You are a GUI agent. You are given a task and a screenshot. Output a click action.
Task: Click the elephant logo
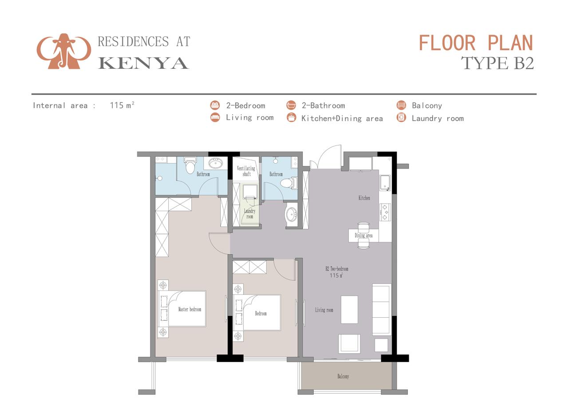64,51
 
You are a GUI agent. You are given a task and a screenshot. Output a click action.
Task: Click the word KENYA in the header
143,63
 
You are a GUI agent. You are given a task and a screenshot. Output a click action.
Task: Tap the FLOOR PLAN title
476,43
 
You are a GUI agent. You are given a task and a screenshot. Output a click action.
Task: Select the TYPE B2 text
497,63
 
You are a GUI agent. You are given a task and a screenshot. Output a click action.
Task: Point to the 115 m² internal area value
122,105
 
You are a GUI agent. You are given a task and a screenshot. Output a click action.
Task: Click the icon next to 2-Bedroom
215,105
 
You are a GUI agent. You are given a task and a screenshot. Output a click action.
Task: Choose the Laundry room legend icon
401,118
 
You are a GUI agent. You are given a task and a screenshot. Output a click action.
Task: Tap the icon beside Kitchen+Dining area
292,118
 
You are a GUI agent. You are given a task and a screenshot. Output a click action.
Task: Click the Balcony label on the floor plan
343,376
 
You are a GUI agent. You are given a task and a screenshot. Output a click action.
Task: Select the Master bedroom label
189,309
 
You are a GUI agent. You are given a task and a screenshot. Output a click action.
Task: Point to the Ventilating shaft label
246,171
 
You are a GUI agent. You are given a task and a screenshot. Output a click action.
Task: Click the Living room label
324,310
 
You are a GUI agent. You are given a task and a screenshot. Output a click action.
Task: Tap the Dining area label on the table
363,235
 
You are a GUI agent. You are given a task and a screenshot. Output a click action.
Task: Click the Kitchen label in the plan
364,198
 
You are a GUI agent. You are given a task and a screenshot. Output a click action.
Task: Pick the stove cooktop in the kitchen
385,212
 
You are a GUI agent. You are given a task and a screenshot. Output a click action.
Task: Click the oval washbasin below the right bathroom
292,215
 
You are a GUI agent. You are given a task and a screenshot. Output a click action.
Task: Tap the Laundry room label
249,213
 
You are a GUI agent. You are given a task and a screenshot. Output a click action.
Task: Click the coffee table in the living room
349,310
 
